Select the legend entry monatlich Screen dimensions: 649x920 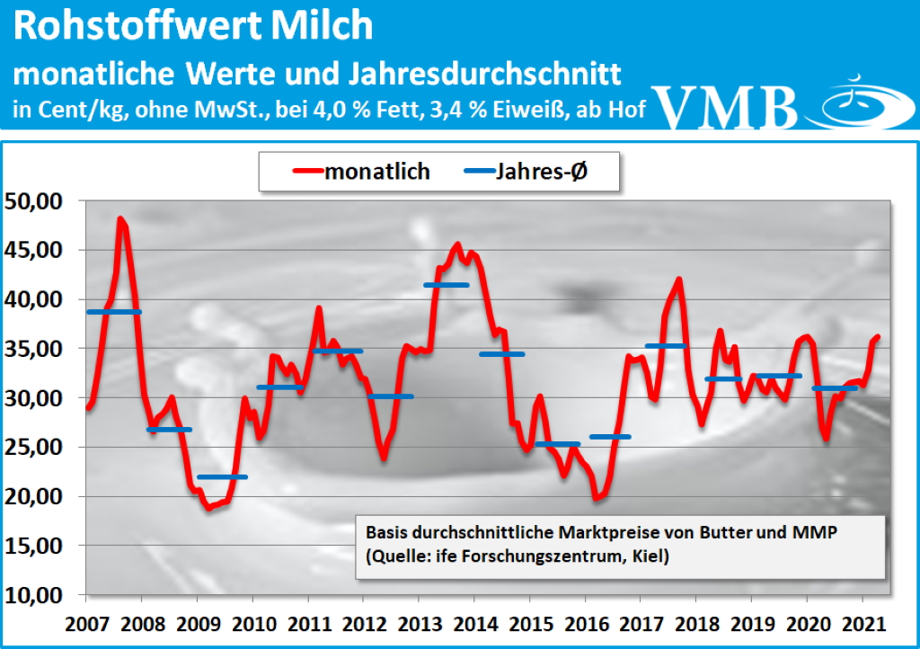click(376, 171)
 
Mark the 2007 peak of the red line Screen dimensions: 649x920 click(120, 218)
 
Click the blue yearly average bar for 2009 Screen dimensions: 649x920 click(222, 476)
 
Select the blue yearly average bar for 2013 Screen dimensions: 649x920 click(446, 285)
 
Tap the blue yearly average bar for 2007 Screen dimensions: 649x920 click(113, 312)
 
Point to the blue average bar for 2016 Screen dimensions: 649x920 click(610, 437)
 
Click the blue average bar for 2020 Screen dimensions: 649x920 click(835, 388)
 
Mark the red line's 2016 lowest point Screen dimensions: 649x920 click(596, 497)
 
